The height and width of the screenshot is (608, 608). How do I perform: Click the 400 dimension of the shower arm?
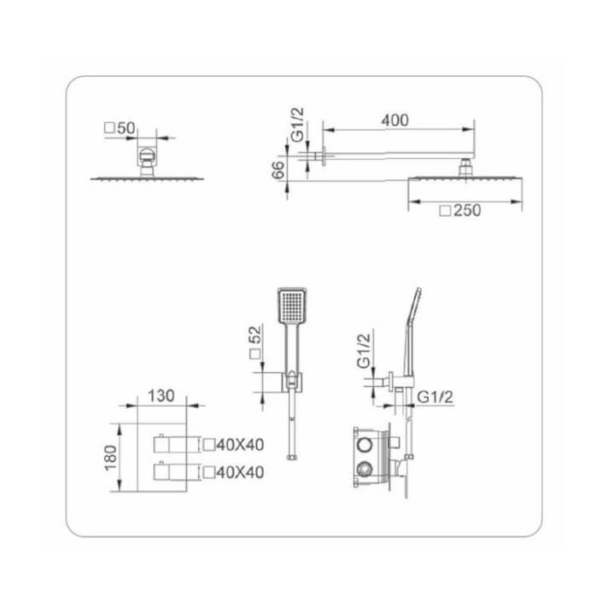click(394, 120)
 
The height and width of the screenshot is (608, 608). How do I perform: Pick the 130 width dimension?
click(161, 395)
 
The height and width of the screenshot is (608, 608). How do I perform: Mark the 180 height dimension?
click(109, 459)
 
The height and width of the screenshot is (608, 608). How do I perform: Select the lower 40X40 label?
click(233, 471)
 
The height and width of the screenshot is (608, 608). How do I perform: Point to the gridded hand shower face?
click(291, 306)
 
